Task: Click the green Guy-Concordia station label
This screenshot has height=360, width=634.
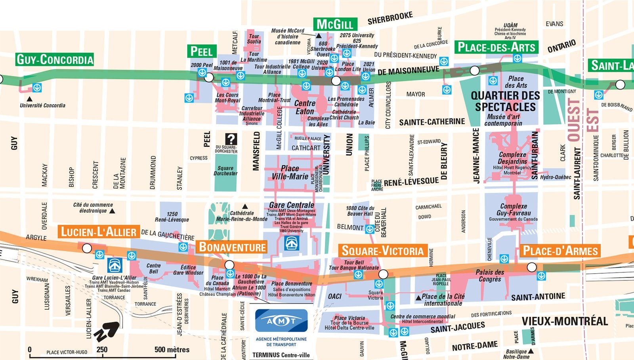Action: [55, 59]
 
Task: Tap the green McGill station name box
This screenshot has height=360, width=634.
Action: [335, 24]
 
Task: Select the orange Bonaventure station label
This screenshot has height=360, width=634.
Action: [232, 247]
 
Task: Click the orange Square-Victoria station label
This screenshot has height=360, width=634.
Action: [382, 251]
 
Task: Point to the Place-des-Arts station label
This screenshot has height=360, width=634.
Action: [496, 48]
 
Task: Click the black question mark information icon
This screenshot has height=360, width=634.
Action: [231, 139]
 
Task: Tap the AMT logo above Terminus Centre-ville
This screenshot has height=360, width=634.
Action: [281, 321]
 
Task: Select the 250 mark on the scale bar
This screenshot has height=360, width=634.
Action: [102, 349]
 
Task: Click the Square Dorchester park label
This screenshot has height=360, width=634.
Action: [225, 171]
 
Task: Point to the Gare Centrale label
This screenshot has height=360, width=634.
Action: [291, 205]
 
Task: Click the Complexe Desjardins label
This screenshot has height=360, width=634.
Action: [512, 158]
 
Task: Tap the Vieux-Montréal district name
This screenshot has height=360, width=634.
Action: [564, 321]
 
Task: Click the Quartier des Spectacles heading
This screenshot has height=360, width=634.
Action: [505, 101]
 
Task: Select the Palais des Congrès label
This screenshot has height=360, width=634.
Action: [490, 276]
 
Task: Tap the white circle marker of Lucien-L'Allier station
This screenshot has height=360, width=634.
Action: [87, 248]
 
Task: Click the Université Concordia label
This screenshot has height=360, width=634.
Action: [42, 105]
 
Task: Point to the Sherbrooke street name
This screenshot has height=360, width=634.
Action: [390, 18]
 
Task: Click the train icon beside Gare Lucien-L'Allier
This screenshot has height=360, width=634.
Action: [115, 265]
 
